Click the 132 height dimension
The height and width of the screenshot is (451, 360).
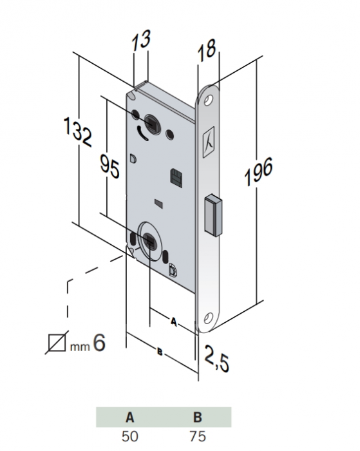[x=77, y=131]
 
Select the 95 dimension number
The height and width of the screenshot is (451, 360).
[x=109, y=166]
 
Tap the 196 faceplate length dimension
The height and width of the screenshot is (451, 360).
[x=258, y=171]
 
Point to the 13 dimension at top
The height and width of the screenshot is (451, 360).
[x=141, y=39]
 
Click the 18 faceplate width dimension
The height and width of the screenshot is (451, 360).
[x=207, y=50]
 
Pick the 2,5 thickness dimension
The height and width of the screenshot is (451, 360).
[x=216, y=359]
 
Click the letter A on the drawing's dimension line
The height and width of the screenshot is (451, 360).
[x=173, y=321]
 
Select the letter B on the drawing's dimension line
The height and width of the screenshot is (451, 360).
[x=160, y=351]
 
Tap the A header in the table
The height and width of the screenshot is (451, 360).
[x=130, y=417]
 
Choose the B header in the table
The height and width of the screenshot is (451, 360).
[x=198, y=417]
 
